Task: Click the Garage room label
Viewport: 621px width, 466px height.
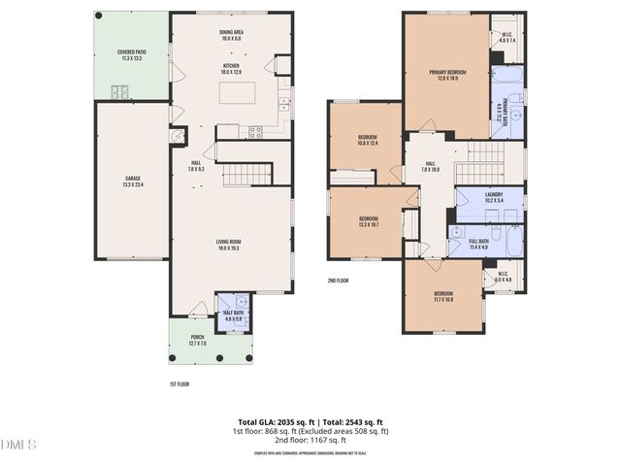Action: pos(133,183)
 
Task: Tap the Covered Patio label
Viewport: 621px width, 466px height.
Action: pos(132,55)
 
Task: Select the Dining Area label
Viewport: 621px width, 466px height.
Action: pos(231,35)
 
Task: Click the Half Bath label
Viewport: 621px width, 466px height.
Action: pos(233,315)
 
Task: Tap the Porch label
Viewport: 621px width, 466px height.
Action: pos(197,340)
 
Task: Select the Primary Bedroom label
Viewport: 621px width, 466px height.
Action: pos(446,75)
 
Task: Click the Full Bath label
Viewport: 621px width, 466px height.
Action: pos(478,244)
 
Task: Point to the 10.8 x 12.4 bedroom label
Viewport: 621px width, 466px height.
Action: pos(366,140)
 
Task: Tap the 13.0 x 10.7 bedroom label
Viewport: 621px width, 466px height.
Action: pos(368,221)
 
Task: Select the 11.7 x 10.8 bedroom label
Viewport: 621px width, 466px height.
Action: pos(442,296)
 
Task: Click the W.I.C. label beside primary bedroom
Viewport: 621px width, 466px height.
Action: pos(507,39)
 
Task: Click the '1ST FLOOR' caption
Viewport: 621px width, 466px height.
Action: pos(179,384)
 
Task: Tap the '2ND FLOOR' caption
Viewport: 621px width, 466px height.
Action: pos(339,282)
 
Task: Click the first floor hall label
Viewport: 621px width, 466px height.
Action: pos(196,165)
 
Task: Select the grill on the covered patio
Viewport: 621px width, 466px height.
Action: pos(120,92)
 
